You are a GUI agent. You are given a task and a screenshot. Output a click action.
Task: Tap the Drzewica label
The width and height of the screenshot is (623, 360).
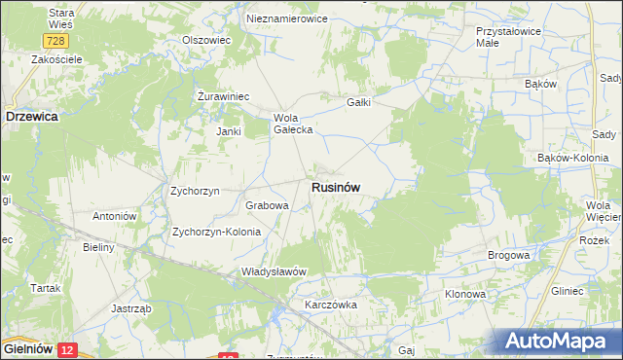tap(32, 115)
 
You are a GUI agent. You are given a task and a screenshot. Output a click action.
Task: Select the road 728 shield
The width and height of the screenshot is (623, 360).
tap(55, 40)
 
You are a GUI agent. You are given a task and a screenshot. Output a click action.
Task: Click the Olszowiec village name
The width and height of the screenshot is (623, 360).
tap(205, 40)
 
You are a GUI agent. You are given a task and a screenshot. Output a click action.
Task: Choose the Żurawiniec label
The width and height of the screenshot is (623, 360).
tap(224, 96)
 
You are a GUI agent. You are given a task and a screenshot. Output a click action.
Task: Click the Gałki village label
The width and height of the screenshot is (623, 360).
tap(360, 102)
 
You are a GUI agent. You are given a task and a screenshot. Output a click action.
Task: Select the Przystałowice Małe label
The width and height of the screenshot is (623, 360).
tap(501, 37)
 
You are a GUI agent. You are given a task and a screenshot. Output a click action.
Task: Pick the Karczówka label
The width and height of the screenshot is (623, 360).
tap(331, 305)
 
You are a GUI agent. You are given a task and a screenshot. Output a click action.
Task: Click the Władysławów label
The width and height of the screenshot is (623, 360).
tap(275, 271)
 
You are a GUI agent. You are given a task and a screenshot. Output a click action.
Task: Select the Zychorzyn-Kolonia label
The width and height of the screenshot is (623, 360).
tap(216, 233)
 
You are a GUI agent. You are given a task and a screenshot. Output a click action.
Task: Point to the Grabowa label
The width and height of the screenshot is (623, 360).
tap(267, 206)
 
